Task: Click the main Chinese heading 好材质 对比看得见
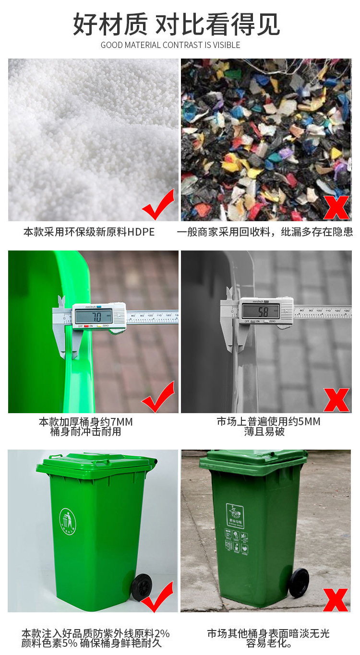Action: (177, 24)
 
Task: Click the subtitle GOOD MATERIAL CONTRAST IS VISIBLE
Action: (170, 45)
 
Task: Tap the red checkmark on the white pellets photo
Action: (158, 205)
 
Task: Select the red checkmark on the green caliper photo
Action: (158, 397)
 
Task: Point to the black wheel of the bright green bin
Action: (142, 586)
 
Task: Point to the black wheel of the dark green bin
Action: (299, 583)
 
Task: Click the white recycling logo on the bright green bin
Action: (68, 522)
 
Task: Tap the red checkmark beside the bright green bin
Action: (158, 597)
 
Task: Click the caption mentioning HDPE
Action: (89, 232)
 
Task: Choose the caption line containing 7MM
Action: (86, 422)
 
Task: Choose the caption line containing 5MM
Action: (268, 422)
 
